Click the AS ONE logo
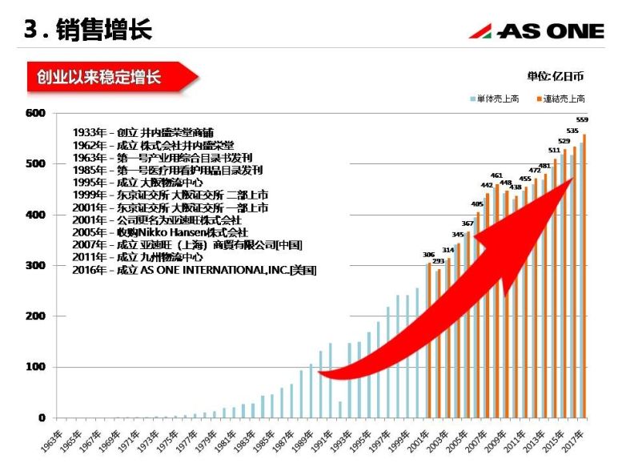[x=536, y=31]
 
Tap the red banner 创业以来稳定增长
[x=99, y=78]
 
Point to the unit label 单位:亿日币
[x=555, y=76]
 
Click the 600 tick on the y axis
[x=36, y=113]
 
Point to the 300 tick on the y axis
[x=36, y=265]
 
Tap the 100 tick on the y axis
[x=36, y=367]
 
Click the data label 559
[x=582, y=119]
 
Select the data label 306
[x=429, y=255]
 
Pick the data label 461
[x=496, y=175]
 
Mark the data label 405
[x=477, y=203]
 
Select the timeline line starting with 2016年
[x=195, y=271]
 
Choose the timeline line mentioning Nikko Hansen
[x=160, y=232]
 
